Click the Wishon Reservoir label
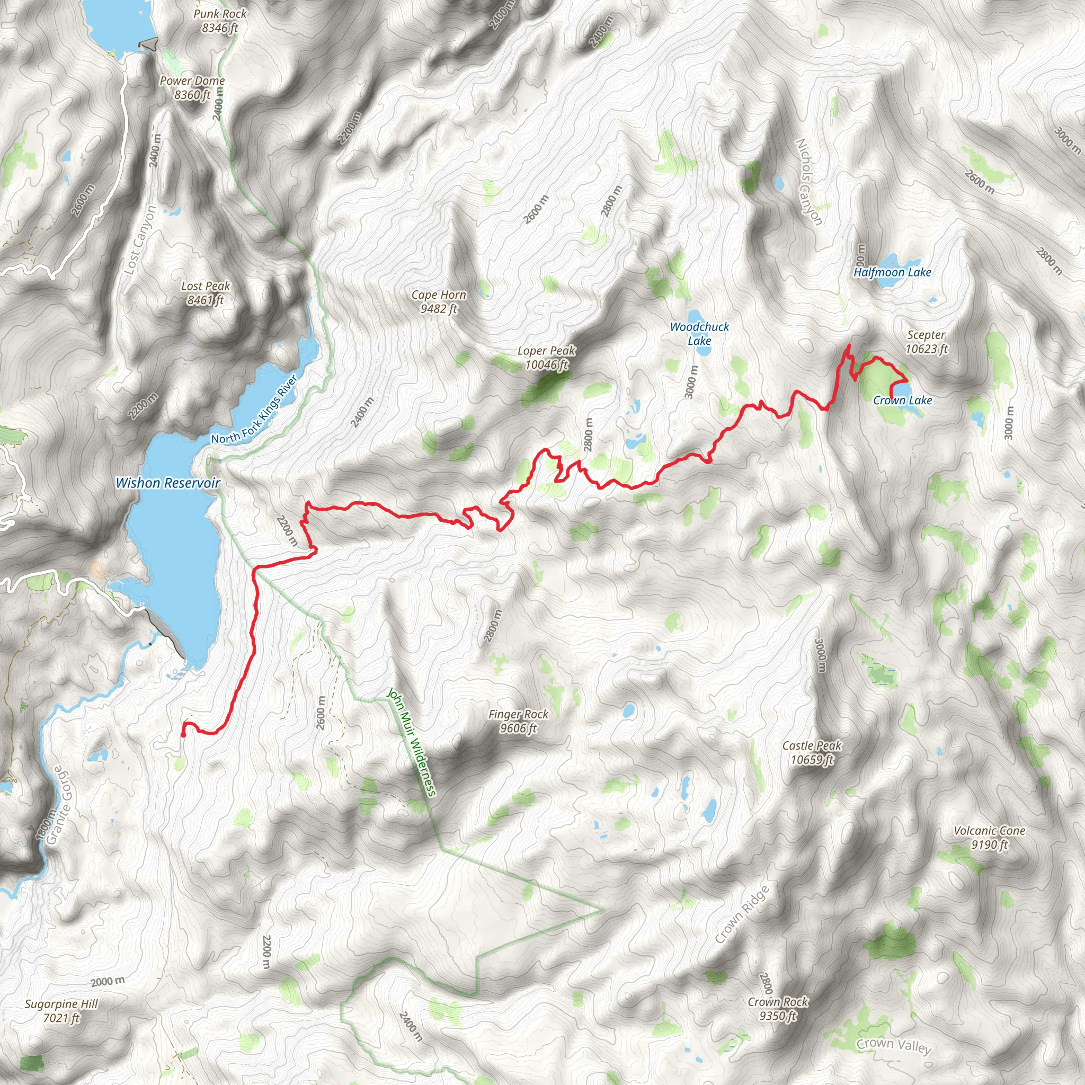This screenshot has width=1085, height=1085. pyautogui.click(x=167, y=483)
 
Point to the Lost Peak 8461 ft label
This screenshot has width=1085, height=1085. pyautogui.click(x=206, y=293)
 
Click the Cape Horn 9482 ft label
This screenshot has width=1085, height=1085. pyautogui.click(x=439, y=301)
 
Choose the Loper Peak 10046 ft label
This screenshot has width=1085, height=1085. pyautogui.click(x=546, y=358)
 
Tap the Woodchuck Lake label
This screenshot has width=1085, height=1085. pyautogui.click(x=699, y=334)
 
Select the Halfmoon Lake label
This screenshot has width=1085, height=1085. pyautogui.click(x=892, y=272)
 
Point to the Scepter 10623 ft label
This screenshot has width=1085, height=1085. pyautogui.click(x=926, y=342)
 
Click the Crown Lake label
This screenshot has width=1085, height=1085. pyautogui.click(x=902, y=401)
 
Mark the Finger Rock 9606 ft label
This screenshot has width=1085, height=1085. pyautogui.click(x=518, y=721)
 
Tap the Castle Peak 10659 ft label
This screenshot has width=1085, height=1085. pyautogui.click(x=812, y=752)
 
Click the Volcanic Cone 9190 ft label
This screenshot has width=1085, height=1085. pyautogui.click(x=989, y=838)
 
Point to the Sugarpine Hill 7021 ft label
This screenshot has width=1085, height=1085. pyautogui.click(x=61, y=1011)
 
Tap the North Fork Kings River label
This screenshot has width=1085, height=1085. pyautogui.click(x=254, y=410)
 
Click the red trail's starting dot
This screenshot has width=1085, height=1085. pyautogui.click(x=183, y=735)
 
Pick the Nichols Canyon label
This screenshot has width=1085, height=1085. pyautogui.click(x=808, y=183)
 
